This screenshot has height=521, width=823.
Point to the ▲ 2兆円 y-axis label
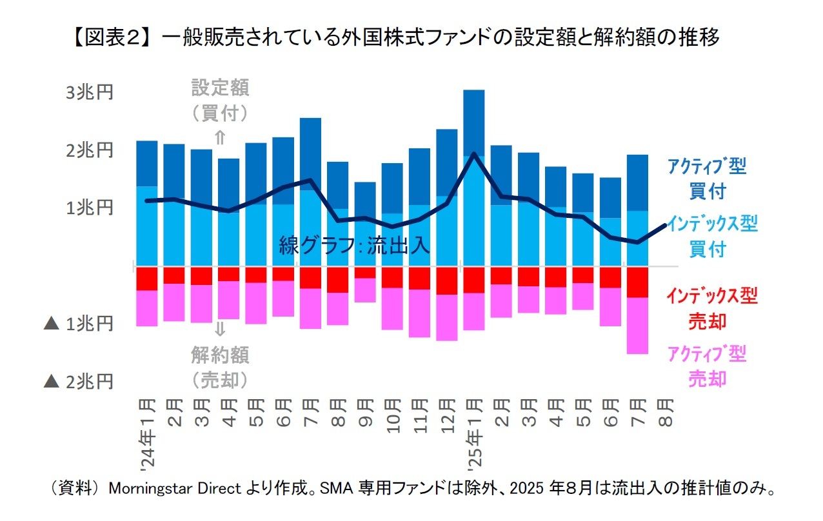[78, 382]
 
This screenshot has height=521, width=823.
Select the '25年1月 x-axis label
[474, 432]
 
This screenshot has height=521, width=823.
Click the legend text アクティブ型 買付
[706, 179]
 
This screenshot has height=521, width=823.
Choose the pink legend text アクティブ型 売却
[706, 366]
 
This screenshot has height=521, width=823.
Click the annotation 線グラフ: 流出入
[354, 246]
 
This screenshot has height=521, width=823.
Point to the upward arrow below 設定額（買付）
[220, 137]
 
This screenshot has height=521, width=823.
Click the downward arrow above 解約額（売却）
[220, 329]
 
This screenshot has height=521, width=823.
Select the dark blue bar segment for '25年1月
[474, 123]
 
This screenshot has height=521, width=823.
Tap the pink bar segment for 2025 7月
[638, 326]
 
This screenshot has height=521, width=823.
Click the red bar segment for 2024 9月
[365, 272]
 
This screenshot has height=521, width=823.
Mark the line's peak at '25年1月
[474, 153]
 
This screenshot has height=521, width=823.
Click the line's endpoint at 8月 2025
[665, 225]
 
